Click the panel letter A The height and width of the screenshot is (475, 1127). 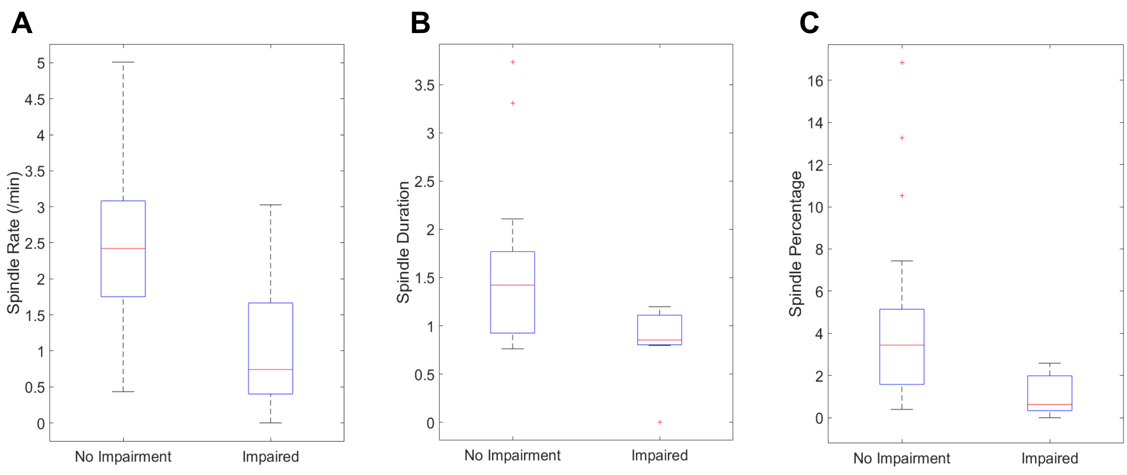tap(22, 23)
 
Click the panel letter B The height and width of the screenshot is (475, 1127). tap(420, 23)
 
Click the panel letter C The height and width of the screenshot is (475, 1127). tap(809, 23)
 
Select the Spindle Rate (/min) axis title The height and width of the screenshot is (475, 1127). tap(14, 243)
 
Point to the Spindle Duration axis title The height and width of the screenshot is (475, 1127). tap(403, 242)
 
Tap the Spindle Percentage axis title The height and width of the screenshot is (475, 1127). tap(796, 244)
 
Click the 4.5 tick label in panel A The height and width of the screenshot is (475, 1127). tap(35, 100)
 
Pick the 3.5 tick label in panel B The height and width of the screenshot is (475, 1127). tap(424, 85)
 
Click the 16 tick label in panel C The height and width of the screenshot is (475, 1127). tap(815, 81)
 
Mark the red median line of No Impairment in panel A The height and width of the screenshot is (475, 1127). tap(123, 249)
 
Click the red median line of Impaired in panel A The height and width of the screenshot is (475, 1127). tap(270, 369)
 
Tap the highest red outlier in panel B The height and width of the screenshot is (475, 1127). tap(513, 62)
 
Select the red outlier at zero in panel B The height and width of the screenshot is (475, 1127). tap(659, 422)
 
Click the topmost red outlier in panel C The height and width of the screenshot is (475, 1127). tap(902, 63)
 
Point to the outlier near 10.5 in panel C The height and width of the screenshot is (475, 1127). tap(902, 196)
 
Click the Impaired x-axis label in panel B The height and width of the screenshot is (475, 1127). tap(659, 455)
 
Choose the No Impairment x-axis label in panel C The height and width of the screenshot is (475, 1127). tap(902, 458)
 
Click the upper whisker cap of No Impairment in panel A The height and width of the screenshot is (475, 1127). tap(123, 62)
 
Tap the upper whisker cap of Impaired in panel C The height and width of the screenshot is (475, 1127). tap(1050, 363)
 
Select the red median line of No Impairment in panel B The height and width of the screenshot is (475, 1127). tap(512, 285)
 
